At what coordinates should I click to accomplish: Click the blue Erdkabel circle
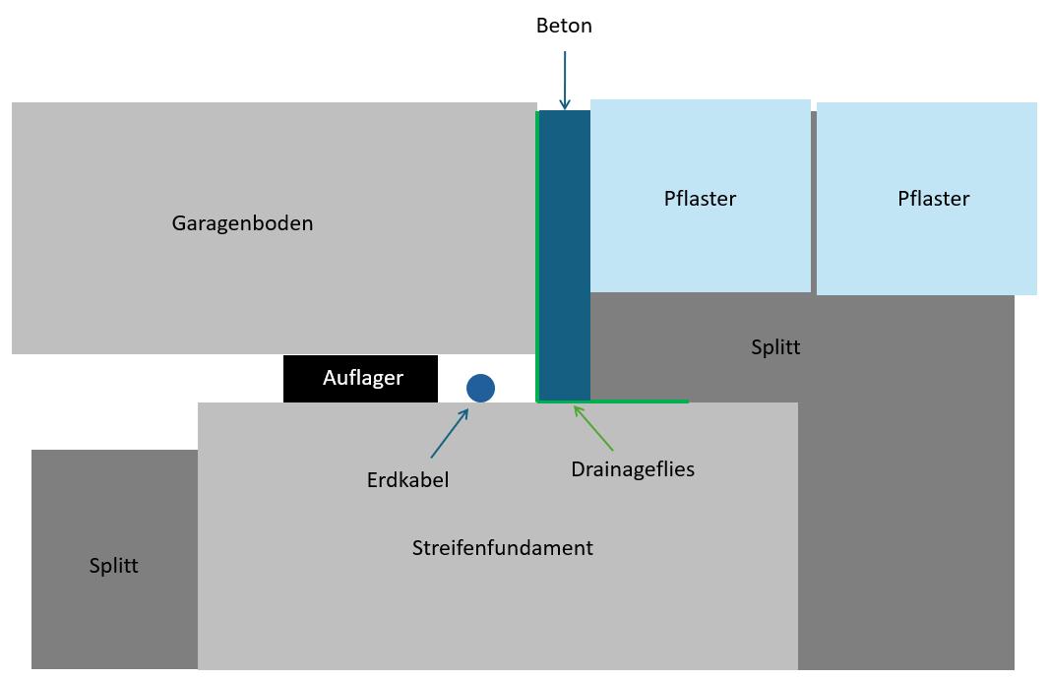coord(480,388)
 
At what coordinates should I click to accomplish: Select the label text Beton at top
coord(564,26)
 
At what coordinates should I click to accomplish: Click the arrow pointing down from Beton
coord(564,79)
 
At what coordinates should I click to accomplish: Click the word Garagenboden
coord(242,223)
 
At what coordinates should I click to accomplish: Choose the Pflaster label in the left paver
coord(700,199)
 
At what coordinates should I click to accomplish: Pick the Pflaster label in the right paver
coord(933,199)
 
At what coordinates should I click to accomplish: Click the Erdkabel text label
coord(407,480)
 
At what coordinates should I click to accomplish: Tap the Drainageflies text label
coord(633,469)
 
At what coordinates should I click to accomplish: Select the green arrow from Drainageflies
coord(593,427)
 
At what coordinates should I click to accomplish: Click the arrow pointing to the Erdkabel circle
coord(449,433)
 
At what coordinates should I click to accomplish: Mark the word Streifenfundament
coord(502,548)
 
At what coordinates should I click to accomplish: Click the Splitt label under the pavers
coord(775,347)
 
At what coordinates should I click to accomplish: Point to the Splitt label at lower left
coord(113,567)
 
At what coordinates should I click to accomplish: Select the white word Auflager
coord(363,378)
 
